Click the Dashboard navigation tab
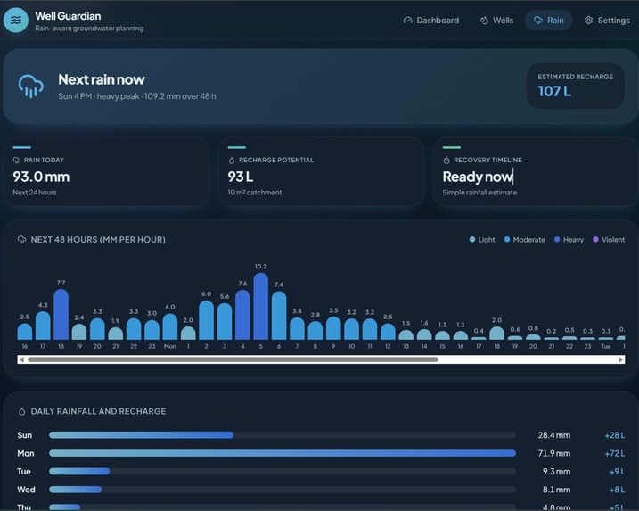coord(430,21)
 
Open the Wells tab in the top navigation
coord(496,21)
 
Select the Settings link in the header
coord(607,21)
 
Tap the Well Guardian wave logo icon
coord(16,20)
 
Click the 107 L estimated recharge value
coord(554,91)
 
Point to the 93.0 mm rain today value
coord(41,177)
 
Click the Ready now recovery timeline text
coord(477,177)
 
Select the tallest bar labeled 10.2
coord(261,306)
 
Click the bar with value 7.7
coord(61,314)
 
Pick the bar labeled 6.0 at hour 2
coord(206,320)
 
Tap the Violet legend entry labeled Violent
coord(609,239)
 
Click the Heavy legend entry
coord(569,239)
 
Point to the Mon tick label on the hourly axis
coord(170,346)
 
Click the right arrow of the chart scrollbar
coord(620,359)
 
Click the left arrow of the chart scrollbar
coord(21,359)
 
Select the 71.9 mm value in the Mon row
coord(553,453)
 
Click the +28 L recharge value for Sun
coord(615,435)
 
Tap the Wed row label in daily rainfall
coord(26,490)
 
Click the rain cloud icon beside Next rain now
coord(30,86)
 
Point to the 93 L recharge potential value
coord(241,177)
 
